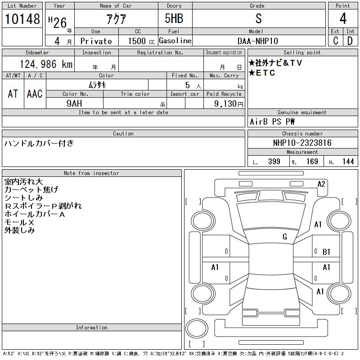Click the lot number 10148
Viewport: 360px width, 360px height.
(x=22, y=19)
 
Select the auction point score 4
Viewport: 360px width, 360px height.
(x=343, y=18)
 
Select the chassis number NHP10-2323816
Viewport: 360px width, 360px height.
(x=302, y=143)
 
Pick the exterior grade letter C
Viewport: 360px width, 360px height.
(x=335, y=41)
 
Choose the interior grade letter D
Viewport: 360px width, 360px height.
(x=350, y=41)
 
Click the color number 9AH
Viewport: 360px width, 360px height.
(x=74, y=103)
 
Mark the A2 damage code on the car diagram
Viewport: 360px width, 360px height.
(x=321, y=184)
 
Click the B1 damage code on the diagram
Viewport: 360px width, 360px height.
(x=327, y=252)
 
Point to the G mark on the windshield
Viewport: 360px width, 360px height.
(x=285, y=237)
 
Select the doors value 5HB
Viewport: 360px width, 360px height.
(x=174, y=18)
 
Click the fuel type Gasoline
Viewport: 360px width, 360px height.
(x=175, y=40)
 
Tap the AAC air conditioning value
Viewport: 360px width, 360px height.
(x=35, y=94)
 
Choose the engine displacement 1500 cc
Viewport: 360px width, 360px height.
(x=141, y=41)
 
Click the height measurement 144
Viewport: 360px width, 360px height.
(x=348, y=162)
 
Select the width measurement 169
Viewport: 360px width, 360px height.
(x=312, y=162)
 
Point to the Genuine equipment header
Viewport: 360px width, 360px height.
(x=302, y=112)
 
